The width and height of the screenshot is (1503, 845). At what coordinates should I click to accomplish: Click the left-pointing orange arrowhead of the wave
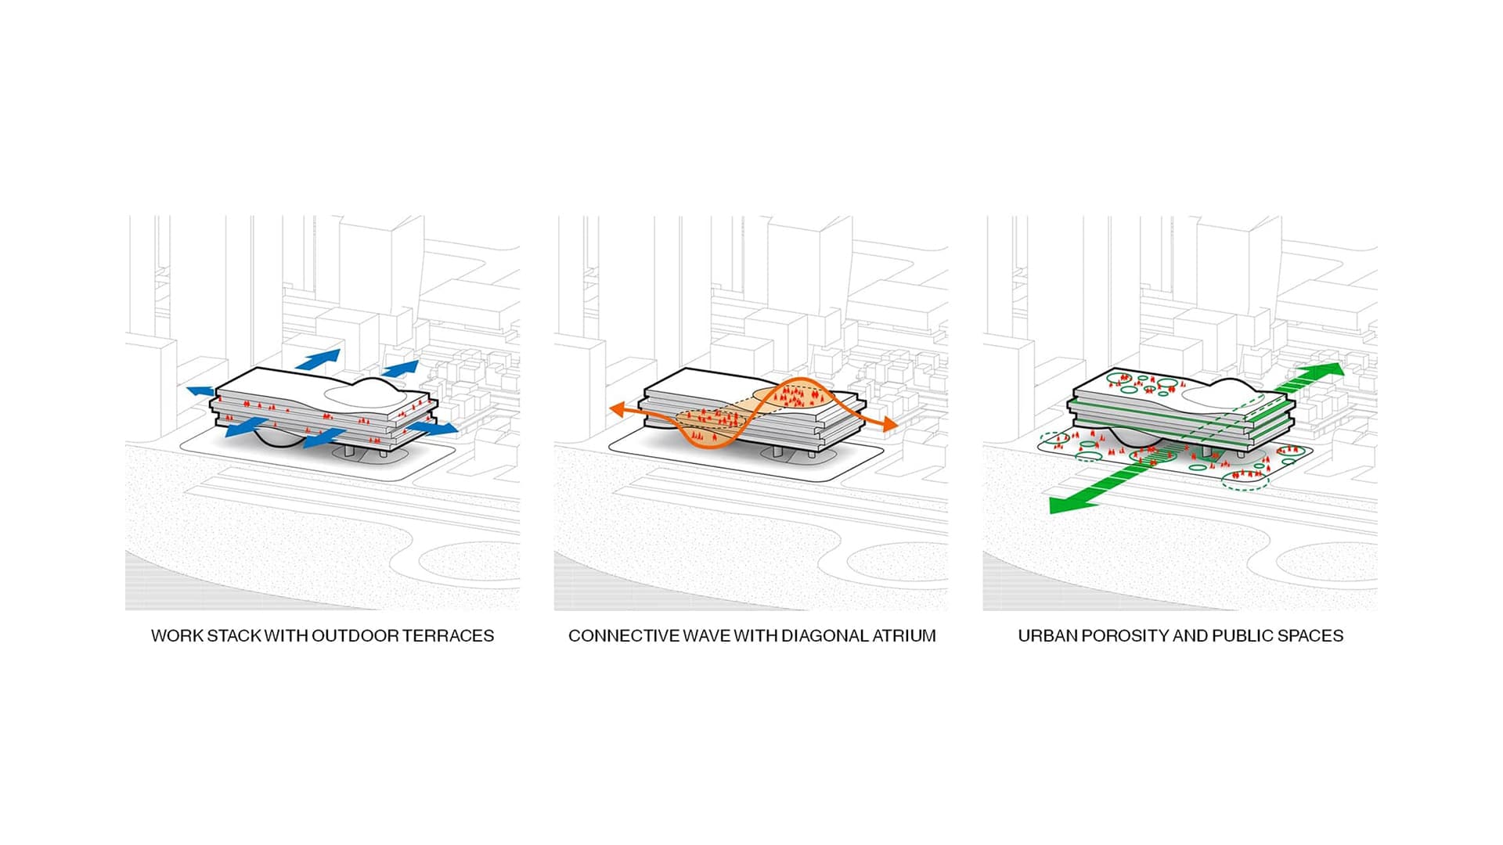point(617,409)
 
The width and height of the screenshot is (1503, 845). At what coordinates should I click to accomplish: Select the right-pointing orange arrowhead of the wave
point(889,424)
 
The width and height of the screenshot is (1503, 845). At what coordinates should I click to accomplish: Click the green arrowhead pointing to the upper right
point(1328,371)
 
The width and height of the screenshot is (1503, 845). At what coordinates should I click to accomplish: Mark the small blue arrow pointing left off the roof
point(200,390)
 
